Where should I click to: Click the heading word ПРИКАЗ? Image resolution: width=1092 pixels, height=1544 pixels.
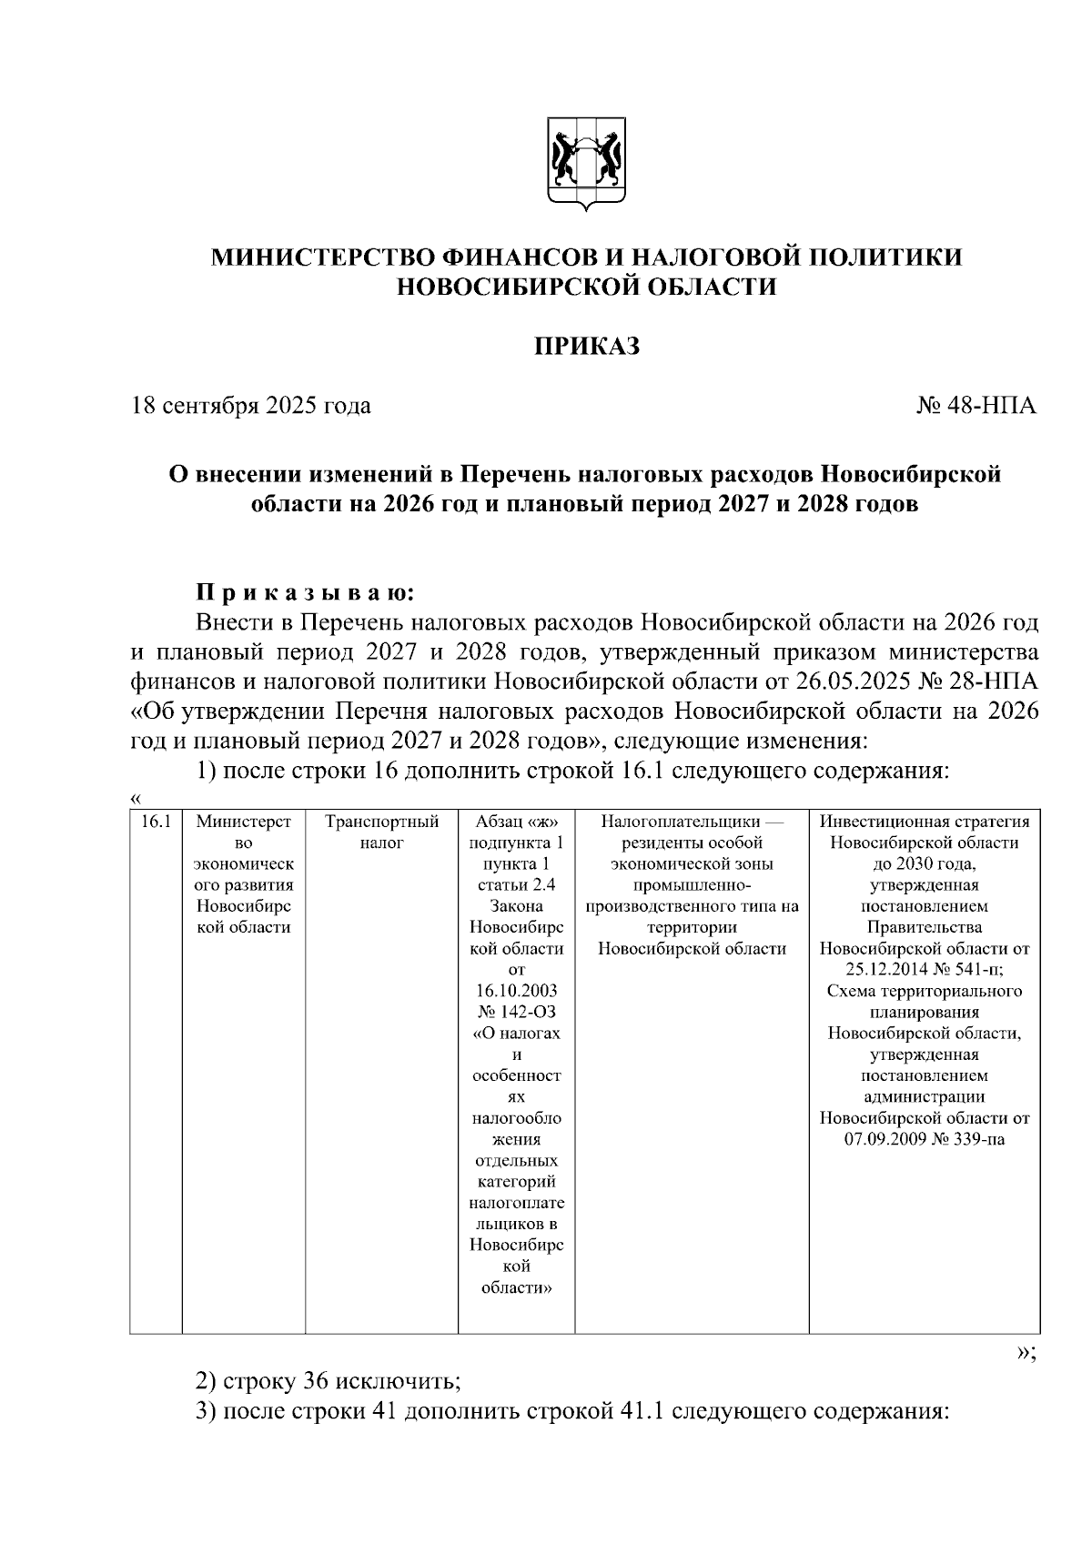point(586,347)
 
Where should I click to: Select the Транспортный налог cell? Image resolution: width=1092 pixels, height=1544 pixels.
point(381,833)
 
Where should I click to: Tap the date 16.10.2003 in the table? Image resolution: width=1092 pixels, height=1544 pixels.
point(516,990)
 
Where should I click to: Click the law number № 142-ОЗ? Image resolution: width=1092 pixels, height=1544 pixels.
point(516,1012)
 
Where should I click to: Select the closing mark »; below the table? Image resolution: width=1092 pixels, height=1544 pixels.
point(1026,1352)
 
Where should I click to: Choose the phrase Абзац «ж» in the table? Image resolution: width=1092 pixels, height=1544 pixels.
point(516,822)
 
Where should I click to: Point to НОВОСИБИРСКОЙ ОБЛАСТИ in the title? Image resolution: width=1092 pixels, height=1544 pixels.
point(586,288)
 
